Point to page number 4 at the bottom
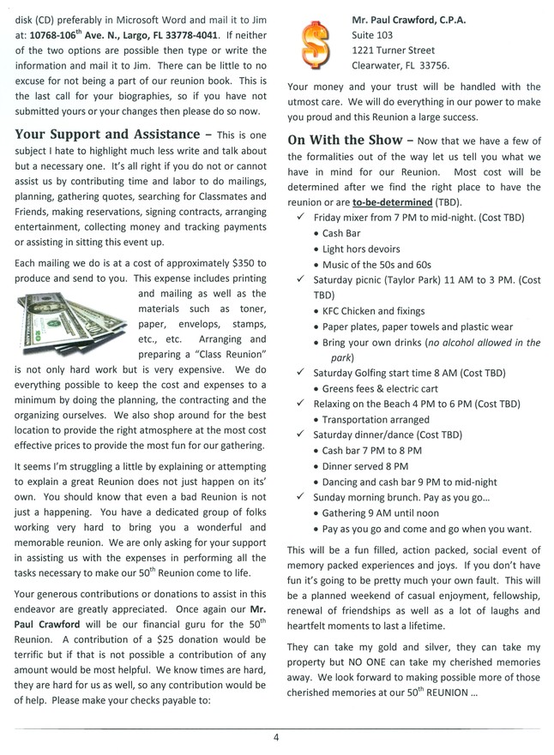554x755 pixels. tap(277, 735)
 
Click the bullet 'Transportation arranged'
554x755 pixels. tap(376, 419)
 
